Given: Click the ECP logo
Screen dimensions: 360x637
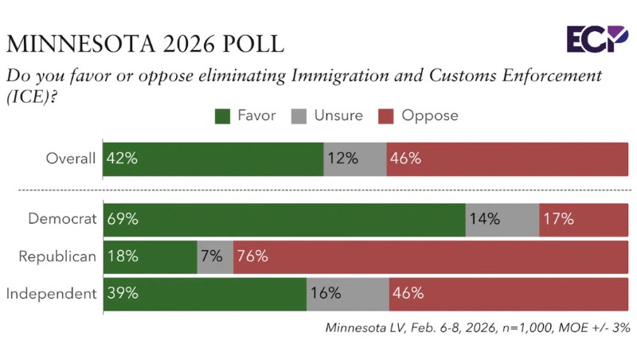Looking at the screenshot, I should click(x=597, y=38).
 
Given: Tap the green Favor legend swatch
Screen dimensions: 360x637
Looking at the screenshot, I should click(x=222, y=116).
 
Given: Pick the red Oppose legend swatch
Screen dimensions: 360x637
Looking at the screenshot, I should click(x=387, y=116).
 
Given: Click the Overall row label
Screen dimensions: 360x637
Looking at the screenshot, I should click(x=70, y=158).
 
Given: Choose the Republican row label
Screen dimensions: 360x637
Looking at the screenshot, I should click(x=57, y=256).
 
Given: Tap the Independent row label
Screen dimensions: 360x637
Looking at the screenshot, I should click(x=51, y=293).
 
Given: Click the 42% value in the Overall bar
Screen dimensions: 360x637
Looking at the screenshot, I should click(x=122, y=158).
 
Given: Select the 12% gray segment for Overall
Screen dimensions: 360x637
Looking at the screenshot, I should click(x=355, y=158).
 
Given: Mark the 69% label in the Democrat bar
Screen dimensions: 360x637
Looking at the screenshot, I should click(x=122, y=219).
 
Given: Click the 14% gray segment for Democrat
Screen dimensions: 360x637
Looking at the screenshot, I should click(x=502, y=219).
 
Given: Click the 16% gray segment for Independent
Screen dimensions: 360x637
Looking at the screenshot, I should click(x=348, y=293).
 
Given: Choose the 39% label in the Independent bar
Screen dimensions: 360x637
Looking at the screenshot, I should click(x=122, y=293).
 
